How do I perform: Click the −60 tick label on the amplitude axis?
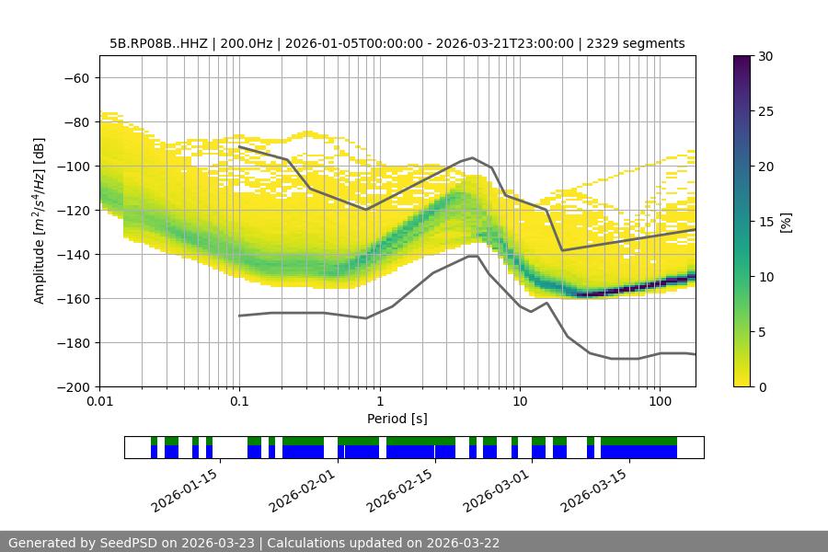click(75, 78)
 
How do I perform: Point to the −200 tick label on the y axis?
click(72, 387)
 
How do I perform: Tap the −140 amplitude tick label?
click(72, 255)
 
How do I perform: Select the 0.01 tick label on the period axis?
click(99, 402)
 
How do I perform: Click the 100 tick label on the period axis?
click(660, 402)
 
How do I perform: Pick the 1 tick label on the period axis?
click(380, 402)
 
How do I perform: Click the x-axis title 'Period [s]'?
click(397, 419)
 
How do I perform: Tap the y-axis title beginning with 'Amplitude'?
click(40, 221)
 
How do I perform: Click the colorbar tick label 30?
click(765, 56)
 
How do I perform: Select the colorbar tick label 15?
click(765, 222)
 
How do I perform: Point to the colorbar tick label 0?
click(761, 387)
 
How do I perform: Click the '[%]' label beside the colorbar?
click(786, 222)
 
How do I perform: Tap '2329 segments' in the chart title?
click(637, 43)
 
